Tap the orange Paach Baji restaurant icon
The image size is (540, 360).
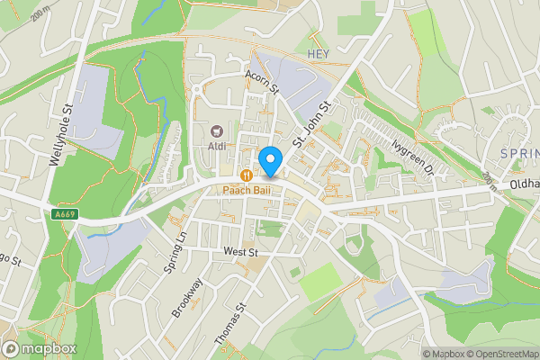coord(246,174)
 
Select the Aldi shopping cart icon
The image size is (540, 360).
coord(217,131)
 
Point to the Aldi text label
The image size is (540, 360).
coord(217,146)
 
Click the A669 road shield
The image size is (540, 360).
coord(64,214)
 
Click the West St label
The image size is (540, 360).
coord(241,253)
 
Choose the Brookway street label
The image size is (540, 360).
coord(189,297)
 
